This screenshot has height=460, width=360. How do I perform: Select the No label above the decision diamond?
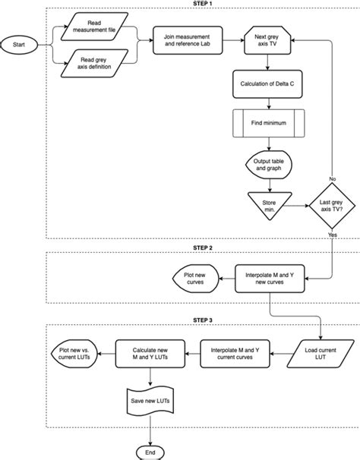[x=332, y=179]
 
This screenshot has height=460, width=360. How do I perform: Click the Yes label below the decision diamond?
[x=332, y=235]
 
